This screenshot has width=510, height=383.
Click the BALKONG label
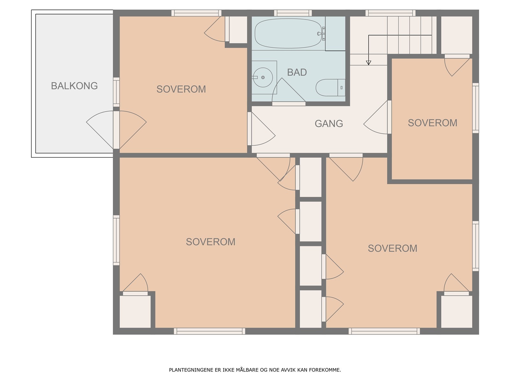click(x=74, y=86)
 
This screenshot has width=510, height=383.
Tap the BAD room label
click(x=297, y=72)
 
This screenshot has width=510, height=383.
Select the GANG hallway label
click(x=329, y=124)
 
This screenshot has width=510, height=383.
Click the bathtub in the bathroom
click(x=288, y=34)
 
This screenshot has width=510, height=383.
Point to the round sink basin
click(x=263, y=78)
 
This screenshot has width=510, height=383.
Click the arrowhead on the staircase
click(x=368, y=63)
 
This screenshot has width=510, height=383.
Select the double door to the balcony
click(x=116, y=130)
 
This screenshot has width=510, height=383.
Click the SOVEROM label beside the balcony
click(x=181, y=89)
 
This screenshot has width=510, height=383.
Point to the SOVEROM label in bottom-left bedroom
click(x=210, y=242)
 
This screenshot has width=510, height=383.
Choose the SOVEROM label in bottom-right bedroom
click(x=392, y=248)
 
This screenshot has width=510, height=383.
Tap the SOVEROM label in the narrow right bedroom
click(x=433, y=123)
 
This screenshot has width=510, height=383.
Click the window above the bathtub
click(x=293, y=13)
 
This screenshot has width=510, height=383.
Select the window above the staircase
click(x=390, y=13)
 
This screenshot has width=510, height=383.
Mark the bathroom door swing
click(x=289, y=90)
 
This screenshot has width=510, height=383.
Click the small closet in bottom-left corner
click(x=135, y=312)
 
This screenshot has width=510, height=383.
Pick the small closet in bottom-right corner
click(x=456, y=312)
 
